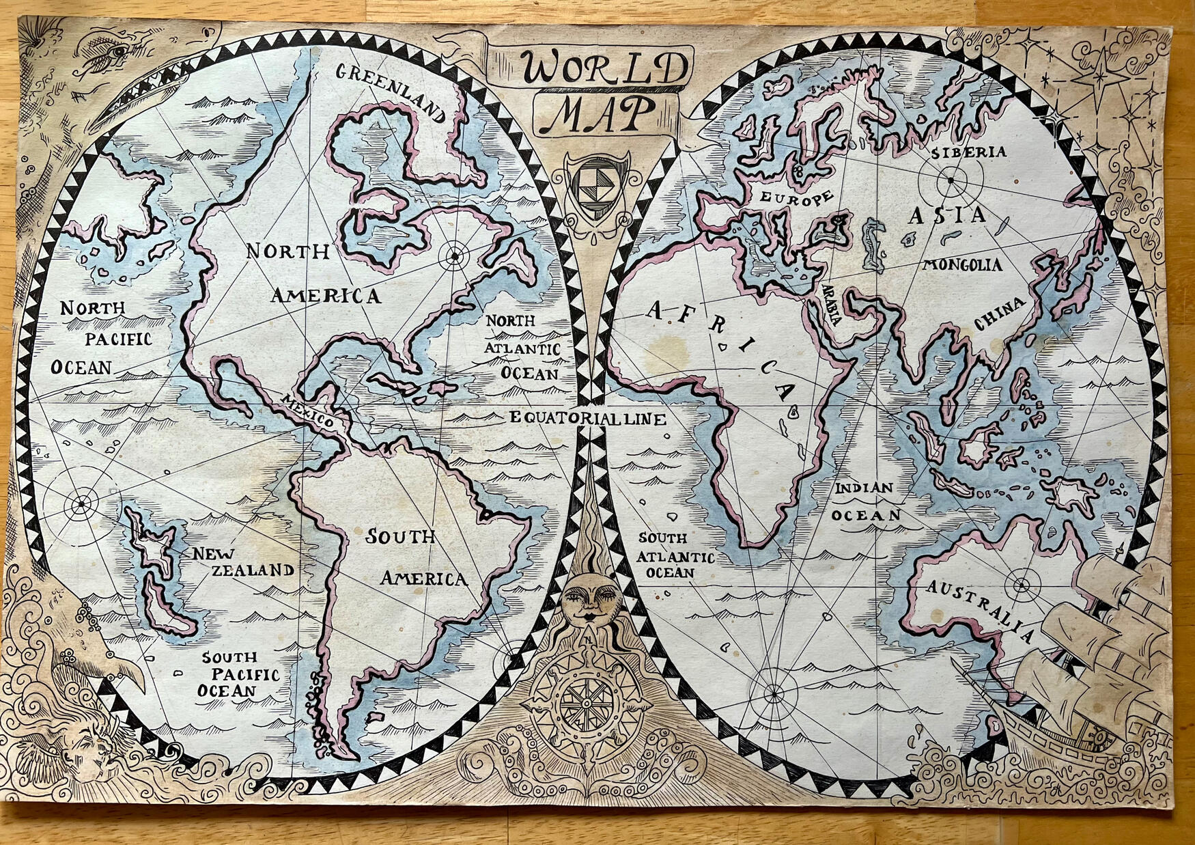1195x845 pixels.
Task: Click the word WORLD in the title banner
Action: (604, 68)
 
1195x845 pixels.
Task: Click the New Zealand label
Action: (242, 562)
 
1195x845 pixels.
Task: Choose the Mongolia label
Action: (963, 265)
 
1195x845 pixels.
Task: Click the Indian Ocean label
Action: (866, 502)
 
